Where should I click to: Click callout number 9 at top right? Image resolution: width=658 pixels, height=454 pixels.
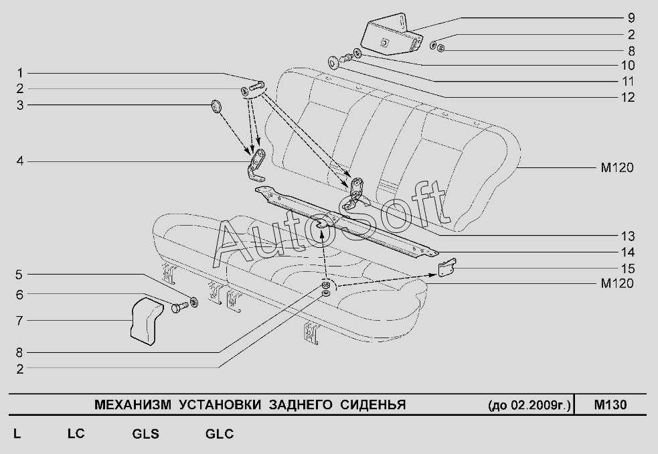pos(631,19)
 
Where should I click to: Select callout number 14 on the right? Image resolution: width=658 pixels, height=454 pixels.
pos(627,252)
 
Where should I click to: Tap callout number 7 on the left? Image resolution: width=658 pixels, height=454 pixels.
pos(20,320)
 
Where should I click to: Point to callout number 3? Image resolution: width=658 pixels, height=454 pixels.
pos(20,104)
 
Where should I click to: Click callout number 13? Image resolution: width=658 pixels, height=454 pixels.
pos(627,236)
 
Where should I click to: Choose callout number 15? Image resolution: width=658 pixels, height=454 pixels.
pos(627,269)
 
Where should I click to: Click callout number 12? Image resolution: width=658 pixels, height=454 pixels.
pos(627,97)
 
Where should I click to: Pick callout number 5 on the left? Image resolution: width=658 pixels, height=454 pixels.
pos(20,274)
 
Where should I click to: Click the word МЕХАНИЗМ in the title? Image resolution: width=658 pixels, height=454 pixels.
pos(128,405)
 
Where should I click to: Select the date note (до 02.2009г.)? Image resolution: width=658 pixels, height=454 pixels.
pos(530,406)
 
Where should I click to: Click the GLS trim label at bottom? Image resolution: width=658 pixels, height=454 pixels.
pos(145,434)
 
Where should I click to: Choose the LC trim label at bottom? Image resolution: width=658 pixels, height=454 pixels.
pos(76,434)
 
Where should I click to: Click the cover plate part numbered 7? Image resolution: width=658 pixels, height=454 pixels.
pos(146,323)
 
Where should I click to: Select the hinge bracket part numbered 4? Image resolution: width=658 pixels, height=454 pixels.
pos(256,165)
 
